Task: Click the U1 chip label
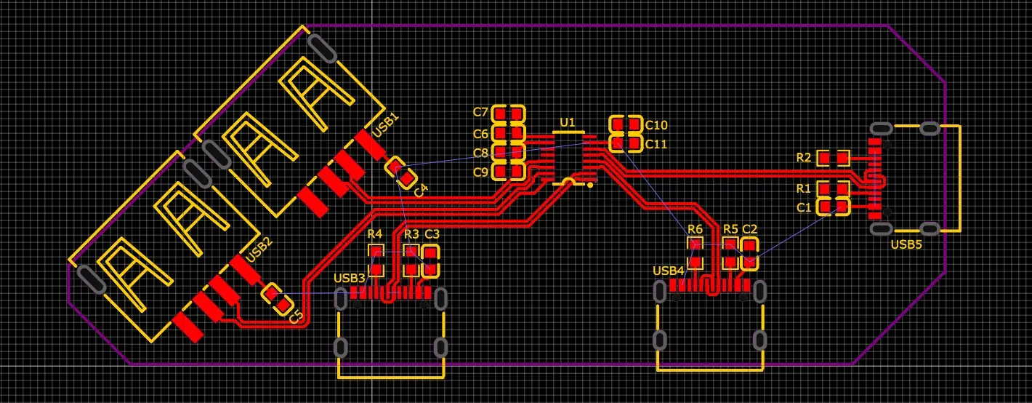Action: (x=568, y=122)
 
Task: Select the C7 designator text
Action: (x=480, y=112)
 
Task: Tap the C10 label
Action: (x=656, y=125)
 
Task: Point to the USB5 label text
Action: (x=906, y=244)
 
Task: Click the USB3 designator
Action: (x=349, y=278)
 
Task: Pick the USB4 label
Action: (x=668, y=271)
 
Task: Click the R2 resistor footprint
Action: (x=833, y=158)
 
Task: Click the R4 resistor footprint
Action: (x=376, y=260)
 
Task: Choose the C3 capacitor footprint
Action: (x=431, y=261)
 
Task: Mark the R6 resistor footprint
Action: (x=695, y=254)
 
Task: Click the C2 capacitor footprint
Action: (x=749, y=254)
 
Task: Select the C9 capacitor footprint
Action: (x=508, y=172)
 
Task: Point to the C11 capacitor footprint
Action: (x=626, y=143)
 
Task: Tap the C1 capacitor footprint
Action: (x=833, y=207)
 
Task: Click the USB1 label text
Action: (x=385, y=125)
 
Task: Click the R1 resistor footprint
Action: (x=833, y=188)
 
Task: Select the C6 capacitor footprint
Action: (x=508, y=134)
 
